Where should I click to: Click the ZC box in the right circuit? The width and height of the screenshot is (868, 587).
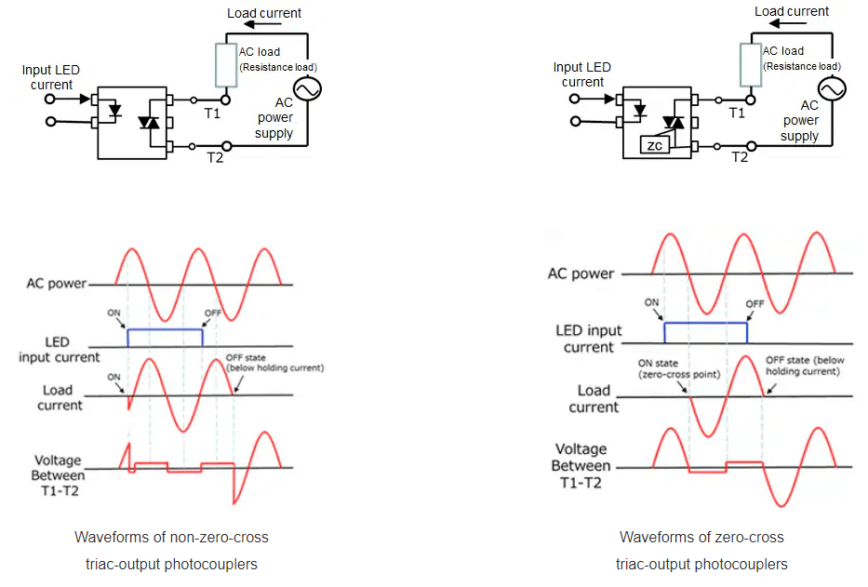653,146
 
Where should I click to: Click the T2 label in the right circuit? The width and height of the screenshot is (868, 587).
740,157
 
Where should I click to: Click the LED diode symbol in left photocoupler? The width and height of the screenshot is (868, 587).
114,110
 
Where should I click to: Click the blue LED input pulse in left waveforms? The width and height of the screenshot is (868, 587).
165,329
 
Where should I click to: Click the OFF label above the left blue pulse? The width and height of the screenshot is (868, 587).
212,313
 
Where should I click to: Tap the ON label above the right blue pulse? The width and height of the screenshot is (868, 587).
652,302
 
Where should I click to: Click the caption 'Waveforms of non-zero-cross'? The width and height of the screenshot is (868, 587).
171,538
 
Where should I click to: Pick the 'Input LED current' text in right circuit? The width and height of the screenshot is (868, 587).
581,74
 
